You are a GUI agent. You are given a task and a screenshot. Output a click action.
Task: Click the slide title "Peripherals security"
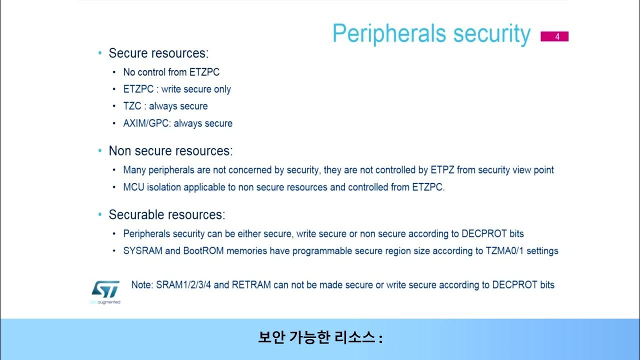431,34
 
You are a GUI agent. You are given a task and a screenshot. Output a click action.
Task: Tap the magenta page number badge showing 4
554,36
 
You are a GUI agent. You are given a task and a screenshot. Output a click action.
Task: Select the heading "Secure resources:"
158,53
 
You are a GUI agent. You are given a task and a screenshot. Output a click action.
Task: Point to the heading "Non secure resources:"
170,150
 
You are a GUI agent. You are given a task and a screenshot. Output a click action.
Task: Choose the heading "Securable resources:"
167,214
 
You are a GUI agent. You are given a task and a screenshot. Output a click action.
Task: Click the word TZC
132,106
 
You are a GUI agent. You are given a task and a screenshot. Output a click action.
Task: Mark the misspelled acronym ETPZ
442,170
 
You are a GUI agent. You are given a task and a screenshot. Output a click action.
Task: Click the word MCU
133,187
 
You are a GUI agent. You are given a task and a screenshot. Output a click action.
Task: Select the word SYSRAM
142,250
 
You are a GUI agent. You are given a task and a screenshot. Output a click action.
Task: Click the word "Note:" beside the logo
142,284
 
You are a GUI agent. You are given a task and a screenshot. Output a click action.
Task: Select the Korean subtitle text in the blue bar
320,338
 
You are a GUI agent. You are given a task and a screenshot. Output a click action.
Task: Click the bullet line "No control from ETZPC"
171,72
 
